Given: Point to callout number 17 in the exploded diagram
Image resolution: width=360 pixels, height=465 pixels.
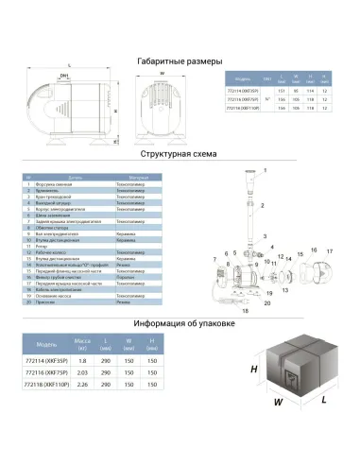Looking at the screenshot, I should coord(330,250).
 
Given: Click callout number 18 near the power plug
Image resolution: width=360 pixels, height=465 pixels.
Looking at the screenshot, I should coord(246,309).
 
